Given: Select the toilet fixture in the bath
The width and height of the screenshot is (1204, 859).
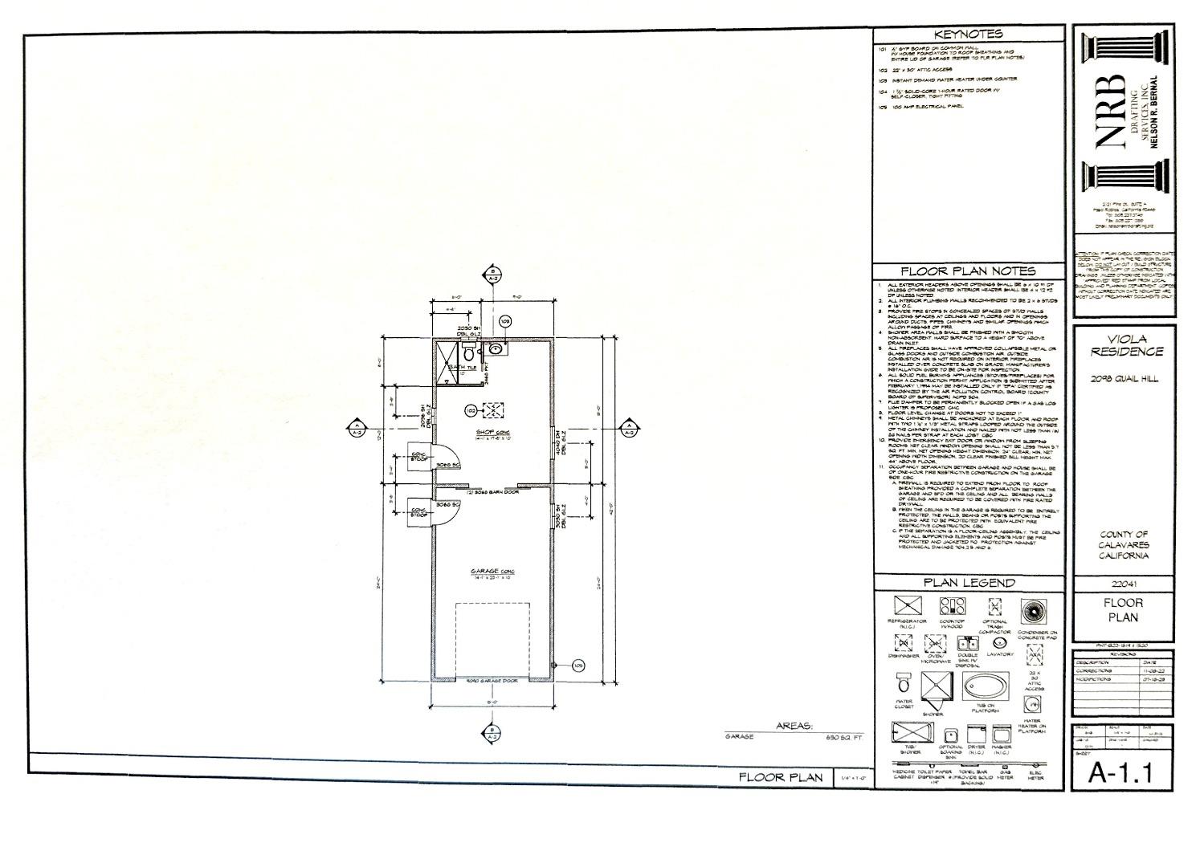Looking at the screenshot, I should [467, 352].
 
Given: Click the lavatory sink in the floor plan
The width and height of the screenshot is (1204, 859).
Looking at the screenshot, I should [496, 349].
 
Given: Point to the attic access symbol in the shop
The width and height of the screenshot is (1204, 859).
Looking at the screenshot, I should [492, 411].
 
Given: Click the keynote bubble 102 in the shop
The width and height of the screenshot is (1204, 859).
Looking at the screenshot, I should [470, 411].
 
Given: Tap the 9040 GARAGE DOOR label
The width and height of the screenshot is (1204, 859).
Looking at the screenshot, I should [492, 681].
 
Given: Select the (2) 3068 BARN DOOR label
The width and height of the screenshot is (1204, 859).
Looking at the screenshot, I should [492, 491].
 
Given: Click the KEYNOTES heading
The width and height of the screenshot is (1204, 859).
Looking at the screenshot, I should [969, 35].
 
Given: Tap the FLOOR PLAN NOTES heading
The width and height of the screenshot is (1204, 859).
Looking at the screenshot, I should [969, 271].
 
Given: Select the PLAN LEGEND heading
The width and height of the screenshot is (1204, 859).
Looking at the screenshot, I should [969, 583].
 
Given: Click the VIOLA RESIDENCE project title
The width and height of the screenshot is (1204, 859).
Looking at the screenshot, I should [1124, 345].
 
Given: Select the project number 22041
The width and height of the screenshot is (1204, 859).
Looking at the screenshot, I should [1123, 584].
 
